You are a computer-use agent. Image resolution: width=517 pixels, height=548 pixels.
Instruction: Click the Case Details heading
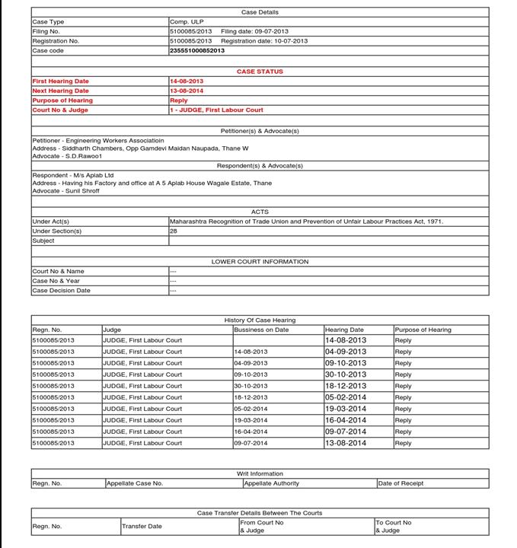(x=260, y=12)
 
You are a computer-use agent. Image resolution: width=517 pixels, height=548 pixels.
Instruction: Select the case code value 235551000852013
(x=197, y=50)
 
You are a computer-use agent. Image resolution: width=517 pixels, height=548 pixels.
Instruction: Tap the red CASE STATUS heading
(x=260, y=72)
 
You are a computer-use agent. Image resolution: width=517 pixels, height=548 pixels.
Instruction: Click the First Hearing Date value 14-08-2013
(x=187, y=81)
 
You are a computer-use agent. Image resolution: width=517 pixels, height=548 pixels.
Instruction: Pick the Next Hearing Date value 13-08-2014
(x=187, y=91)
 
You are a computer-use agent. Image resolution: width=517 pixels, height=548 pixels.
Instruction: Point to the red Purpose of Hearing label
(x=62, y=100)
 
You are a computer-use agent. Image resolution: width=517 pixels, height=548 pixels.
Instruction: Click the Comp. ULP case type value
(x=187, y=22)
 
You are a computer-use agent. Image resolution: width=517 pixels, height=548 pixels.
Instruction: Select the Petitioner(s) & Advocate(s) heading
(x=260, y=131)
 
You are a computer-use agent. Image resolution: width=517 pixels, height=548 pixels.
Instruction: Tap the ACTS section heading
(x=260, y=212)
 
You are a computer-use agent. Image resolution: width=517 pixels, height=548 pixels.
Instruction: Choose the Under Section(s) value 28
(x=174, y=231)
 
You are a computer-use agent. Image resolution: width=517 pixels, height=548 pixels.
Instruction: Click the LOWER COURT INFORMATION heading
(x=260, y=261)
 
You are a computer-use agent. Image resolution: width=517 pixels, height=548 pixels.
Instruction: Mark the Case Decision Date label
(x=61, y=290)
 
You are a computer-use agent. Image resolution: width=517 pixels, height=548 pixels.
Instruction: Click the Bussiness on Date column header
(x=261, y=330)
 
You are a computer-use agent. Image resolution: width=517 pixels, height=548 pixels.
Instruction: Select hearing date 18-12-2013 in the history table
(x=346, y=386)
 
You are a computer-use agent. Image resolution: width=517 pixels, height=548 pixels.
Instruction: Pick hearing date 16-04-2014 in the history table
(x=346, y=420)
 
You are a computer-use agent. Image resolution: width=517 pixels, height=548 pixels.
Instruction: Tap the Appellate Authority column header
(x=272, y=483)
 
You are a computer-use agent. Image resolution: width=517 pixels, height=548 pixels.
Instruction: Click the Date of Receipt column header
(x=401, y=483)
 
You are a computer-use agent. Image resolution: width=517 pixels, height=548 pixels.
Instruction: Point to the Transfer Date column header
(x=142, y=526)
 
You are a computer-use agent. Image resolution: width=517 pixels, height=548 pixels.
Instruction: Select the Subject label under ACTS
(x=43, y=241)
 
